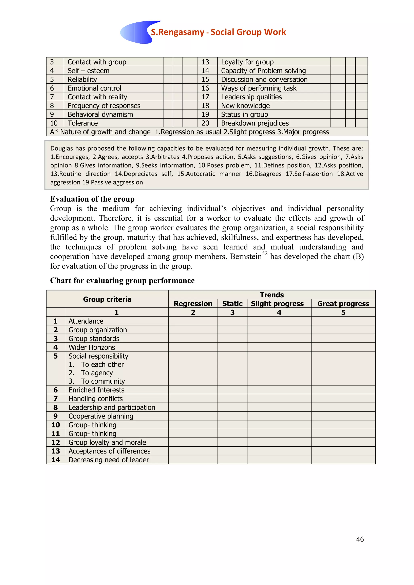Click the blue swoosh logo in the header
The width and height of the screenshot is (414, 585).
coord(135,33)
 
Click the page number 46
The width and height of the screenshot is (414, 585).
coord(360,539)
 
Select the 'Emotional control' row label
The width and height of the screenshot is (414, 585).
coord(94,88)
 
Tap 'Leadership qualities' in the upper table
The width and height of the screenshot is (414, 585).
coord(251,97)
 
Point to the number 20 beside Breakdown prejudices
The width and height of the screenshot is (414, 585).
coord(205,123)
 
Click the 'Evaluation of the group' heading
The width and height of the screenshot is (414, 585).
coord(92,199)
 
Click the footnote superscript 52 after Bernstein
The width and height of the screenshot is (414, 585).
coord(265,254)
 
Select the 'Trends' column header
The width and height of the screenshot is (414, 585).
coord(271,295)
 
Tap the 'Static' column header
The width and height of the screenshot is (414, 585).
coord(232,303)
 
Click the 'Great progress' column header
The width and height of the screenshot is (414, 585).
coord(343,303)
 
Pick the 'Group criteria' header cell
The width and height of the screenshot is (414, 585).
coord(107,299)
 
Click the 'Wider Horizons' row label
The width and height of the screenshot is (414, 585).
coord(92,347)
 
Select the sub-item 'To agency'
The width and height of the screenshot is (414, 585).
coord(97,373)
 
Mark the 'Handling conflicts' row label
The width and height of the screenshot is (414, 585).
coord(96,399)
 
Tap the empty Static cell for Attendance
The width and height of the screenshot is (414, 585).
coord(232,321)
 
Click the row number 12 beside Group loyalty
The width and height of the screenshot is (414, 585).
coord(56,442)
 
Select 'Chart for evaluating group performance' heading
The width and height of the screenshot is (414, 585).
coord(122,280)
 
